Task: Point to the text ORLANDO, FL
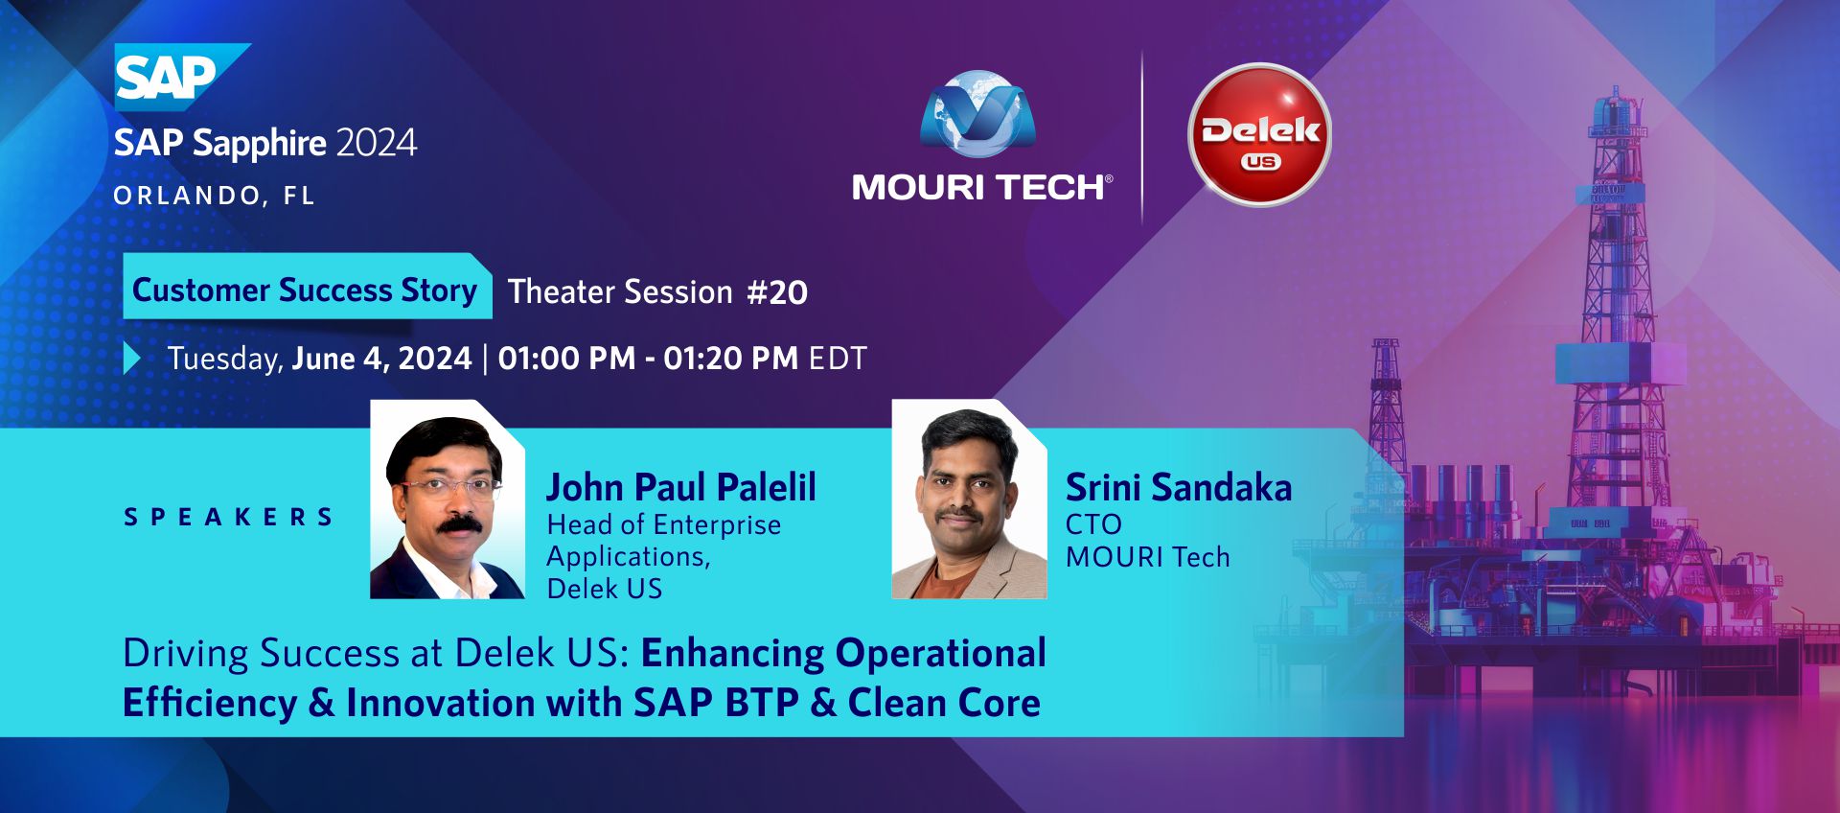tap(214, 196)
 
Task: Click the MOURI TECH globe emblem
tap(977, 114)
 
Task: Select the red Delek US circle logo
tap(1259, 134)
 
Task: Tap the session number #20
tap(777, 292)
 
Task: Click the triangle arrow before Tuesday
tap(132, 359)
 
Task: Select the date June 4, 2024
tap(381, 359)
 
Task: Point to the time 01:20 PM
tap(731, 359)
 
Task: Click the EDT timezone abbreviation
tap(838, 359)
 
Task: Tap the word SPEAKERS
tap(228, 518)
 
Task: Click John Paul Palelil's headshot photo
tap(448, 499)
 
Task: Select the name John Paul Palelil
tap(681, 487)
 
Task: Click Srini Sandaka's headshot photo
tap(969, 499)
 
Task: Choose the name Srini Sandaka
tap(1179, 487)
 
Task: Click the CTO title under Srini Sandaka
tap(1093, 524)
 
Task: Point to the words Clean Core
tap(944, 703)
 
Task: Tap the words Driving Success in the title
tap(262, 654)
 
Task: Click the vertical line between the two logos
tap(1142, 137)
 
